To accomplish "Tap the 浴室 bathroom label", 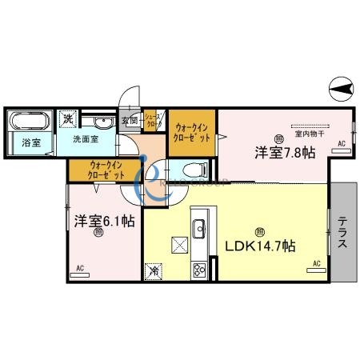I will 19,144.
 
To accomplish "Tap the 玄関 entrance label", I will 129,122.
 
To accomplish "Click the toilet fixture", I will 194,169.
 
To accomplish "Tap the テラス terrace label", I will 342,232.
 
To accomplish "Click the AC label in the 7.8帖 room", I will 342,143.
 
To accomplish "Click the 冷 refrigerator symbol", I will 152,271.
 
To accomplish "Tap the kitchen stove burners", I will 199,270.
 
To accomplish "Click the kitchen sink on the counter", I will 199,223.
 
